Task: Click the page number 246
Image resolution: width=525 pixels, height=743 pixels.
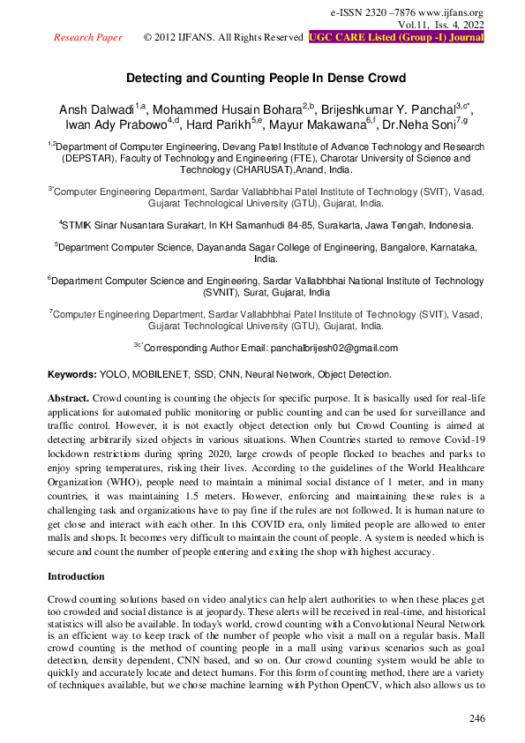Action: point(476,718)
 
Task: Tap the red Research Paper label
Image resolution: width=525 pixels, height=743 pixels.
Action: point(88,38)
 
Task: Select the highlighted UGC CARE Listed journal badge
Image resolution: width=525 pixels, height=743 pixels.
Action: point(396,38)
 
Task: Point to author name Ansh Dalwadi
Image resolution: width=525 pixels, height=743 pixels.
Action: point(94,109)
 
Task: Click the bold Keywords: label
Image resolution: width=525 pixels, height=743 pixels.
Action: point(71,375)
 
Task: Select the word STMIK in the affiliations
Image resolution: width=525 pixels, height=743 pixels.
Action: point(80,225)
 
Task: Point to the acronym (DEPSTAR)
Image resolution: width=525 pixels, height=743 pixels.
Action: point(89,160)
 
